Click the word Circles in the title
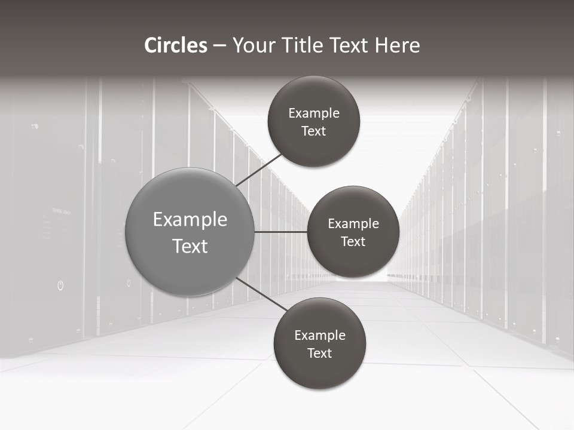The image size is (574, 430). pos(175,45)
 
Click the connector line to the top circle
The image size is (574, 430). pos(260,170)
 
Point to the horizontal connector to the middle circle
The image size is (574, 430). pos(280,232)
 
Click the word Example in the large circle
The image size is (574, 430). pos(190,220)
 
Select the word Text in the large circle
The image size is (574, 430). pos(190,246)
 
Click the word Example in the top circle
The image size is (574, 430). pos(314,113)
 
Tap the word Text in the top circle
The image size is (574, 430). pos(313,131)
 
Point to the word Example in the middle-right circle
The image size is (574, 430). pos(353,224)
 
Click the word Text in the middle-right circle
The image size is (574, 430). pos(353,242)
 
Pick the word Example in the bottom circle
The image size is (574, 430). pos(320,336)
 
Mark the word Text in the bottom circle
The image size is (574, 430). pos(319,354)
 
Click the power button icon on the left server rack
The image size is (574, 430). pos(60,285)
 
